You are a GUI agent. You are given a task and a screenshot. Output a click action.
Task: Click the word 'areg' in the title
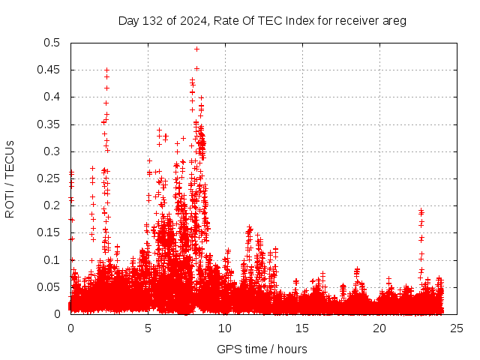click(x=393, y=20)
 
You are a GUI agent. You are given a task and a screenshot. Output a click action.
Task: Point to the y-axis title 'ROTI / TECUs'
click(x=10, y=178)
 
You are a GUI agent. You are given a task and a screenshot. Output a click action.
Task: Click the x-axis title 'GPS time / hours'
click(x=262, y=349)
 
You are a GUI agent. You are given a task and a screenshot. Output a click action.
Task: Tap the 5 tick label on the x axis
click(x=148, y=328)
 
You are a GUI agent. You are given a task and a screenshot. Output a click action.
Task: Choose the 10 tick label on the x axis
click(x=225, y=328)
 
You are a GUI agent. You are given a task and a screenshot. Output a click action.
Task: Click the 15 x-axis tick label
click(x=302, y=328)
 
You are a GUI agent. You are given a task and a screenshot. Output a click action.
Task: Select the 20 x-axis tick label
click(x=379, y=328)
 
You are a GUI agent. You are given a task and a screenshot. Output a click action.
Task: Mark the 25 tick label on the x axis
click(x=457, y=328)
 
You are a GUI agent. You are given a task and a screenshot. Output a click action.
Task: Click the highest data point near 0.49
click(x=196, y=49)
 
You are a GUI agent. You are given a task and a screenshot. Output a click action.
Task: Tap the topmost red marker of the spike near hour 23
click(x=421, y=211)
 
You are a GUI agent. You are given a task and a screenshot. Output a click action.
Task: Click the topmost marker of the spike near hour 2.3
click(x=106, y=70)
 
